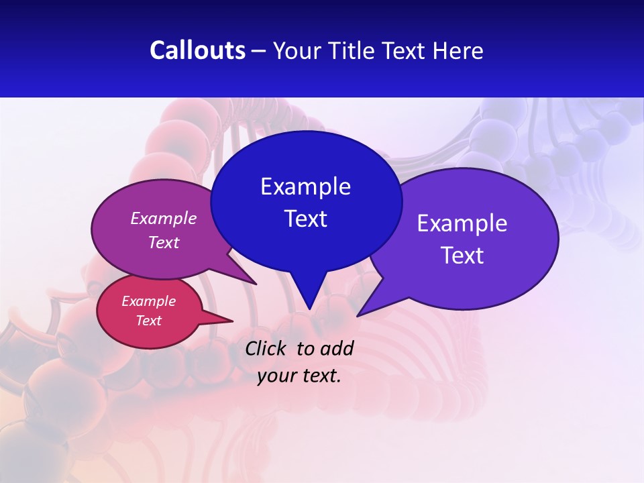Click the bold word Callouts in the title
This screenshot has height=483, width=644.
pos(197,50)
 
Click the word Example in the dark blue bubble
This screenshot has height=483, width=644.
pos(305,186)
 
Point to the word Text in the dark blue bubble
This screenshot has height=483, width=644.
pos(305,219)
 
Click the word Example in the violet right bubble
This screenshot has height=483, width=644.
pos(462,223)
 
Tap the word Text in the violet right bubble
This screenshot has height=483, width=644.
pos(462,256)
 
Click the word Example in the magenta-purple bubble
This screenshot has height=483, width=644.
pos(164,218)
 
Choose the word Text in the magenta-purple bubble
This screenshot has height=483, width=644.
pos(164,242)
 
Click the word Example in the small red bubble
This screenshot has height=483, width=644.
pos(148,301)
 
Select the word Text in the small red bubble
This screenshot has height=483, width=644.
pos(148,321)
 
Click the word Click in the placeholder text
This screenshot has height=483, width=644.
pos(267,348)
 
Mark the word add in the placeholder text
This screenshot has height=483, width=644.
pos(337,348)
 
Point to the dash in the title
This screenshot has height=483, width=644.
pos(259,51)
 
